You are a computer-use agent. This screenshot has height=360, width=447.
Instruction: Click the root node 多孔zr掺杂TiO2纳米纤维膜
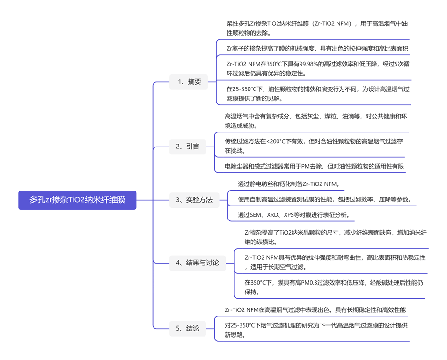pyautogui.click(x=77, y=200)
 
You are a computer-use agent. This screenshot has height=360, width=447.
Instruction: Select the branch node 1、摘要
pyautogui.click(x=189, y=82)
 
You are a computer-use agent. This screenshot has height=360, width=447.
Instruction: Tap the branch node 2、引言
pyautogui.click(x=188, y=147)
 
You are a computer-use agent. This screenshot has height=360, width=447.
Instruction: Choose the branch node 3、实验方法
pyautogui.click(x=194, y=200)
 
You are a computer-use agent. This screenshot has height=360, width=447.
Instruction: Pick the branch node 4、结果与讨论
pyautogui.click(x=198, y=263)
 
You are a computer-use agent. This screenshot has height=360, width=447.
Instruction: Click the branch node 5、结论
pyautogui.click(x=188, y=328)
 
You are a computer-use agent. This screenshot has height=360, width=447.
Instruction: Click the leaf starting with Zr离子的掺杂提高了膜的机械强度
pyautogui.click(x=317, y=49)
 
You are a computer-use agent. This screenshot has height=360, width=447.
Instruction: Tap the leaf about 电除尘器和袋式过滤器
pyautogui.click(x=314, y=166)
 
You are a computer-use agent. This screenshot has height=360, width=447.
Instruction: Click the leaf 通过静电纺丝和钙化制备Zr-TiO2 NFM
pyautogui.click(x=288, y=184)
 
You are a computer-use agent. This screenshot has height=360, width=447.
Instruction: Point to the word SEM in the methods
pyautogui.click(x=255, y=215)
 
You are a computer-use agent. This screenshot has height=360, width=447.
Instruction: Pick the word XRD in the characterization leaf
pyautogui.click(x=272, y=215)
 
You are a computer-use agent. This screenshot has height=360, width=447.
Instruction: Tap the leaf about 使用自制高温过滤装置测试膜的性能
pyautogui.click(x=324, y=199)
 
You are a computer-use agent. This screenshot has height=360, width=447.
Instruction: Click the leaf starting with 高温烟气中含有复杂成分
pyautogui.click(x=315, y=121)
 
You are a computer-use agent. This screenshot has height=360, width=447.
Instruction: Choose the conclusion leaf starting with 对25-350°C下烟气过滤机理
pyautogui.click(x=316, y=330)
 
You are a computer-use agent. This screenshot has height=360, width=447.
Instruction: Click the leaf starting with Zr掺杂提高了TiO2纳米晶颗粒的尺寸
pyautogui.click(x=336, y=237)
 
